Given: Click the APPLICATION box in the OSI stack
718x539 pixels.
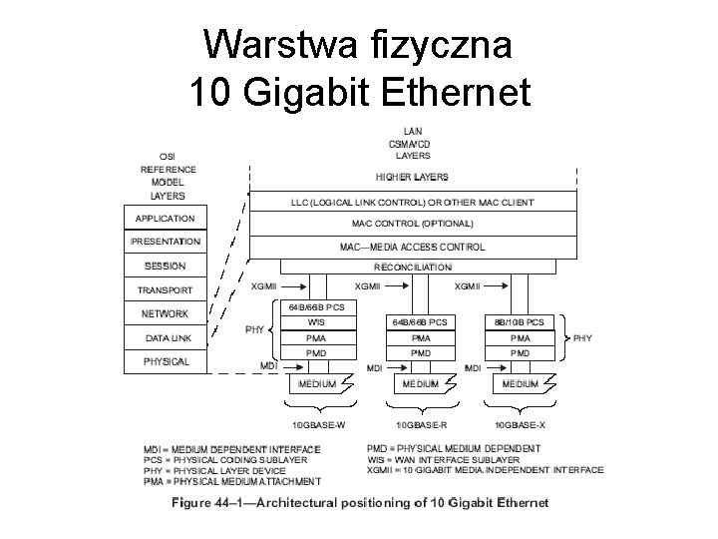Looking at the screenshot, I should click(x=165, y=219).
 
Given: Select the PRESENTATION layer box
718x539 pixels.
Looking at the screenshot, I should click(x=165, y=242).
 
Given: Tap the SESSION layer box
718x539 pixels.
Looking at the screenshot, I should click(x=165, y=266).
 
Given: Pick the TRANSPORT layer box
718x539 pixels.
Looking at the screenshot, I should click(x=165, y=290).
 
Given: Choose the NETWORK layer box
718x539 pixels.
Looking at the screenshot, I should click(x=165, y=314).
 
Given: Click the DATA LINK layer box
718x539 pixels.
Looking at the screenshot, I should click(x=165, y=338).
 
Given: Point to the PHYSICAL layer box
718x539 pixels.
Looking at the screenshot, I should click(x=165, y=361).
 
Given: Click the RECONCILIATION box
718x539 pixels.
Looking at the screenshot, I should click(x=412, y=268).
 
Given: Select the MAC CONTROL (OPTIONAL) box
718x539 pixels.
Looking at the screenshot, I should click(x=412, y=223).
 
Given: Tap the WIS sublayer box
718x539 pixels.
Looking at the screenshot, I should click(x=316, y=322).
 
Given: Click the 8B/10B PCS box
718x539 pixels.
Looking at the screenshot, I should click(x=519, y=322).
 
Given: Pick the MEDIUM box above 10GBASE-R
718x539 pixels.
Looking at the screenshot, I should click(x=420, y=383).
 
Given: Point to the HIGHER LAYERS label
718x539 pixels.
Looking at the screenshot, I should click(x=412, y=178).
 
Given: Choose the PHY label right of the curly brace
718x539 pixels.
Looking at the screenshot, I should click(x=582, y=338).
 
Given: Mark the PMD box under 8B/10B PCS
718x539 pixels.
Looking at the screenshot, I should click(x=519, y=353).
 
